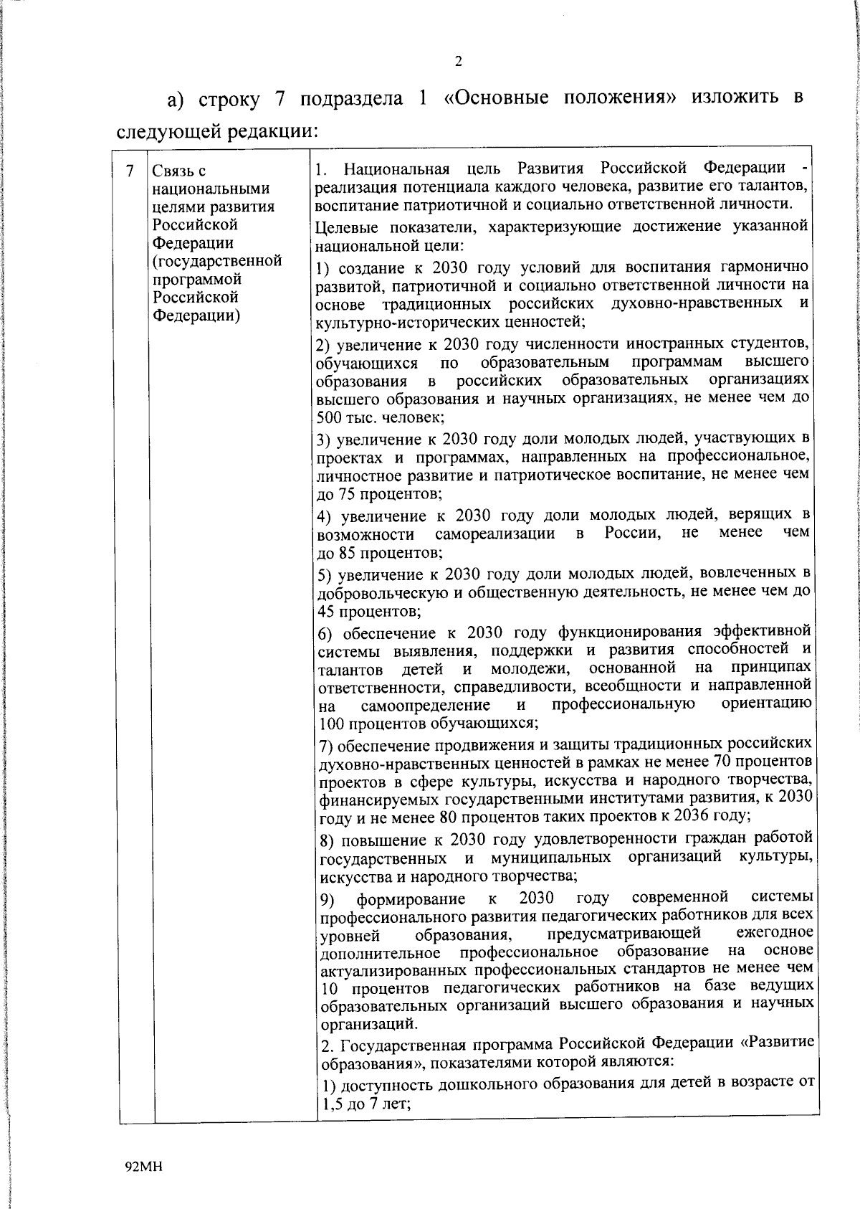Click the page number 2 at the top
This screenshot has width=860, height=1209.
pyautogui.click(x=458, y=62)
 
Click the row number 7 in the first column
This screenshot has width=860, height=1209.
pyautogui.click(x=129, y=171)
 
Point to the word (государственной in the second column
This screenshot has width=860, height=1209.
pyautogui.click(x=217, y=261)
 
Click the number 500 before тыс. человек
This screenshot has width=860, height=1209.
pyautogui.click(x=329, y=417)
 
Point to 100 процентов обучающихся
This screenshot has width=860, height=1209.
pyautogui.click(x=426, y=723)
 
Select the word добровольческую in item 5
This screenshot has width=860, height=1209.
pyautogui.click(x=376, y=593)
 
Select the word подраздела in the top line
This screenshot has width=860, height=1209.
pyautogui.click(x=351, y=98)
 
